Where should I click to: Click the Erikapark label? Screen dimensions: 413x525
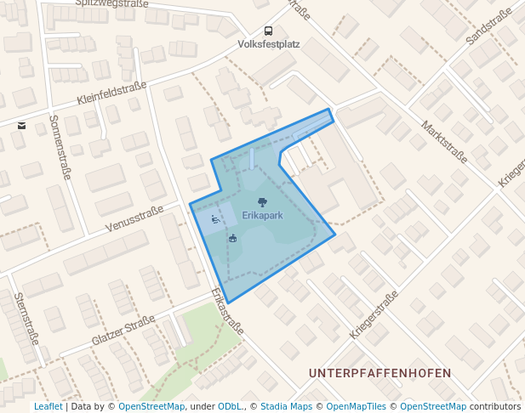(262, 216)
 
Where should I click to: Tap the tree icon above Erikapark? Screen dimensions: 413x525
(262, 202)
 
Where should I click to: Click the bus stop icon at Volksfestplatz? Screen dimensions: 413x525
(269, 31)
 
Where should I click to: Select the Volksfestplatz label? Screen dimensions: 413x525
(269, 43)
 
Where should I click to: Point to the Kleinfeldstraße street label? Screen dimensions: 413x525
(111, 93)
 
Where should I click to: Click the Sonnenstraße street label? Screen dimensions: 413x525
(59, 147)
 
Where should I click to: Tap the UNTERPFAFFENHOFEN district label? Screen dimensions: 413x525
(379, 373)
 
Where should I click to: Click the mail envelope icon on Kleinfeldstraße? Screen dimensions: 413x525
(21, 126)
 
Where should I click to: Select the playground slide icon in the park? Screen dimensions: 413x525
(216, 219)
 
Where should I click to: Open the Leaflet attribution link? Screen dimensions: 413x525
(48, 407)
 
